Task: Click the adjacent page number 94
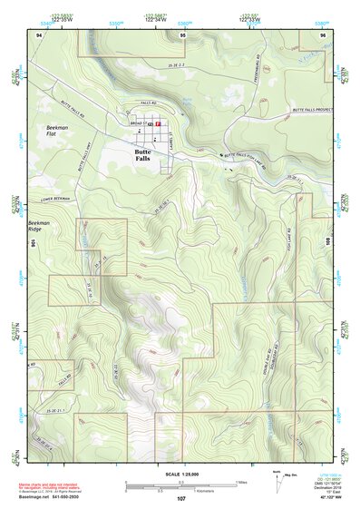40,34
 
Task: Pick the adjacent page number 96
322,34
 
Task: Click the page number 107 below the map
181,499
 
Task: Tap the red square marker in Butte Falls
158,122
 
